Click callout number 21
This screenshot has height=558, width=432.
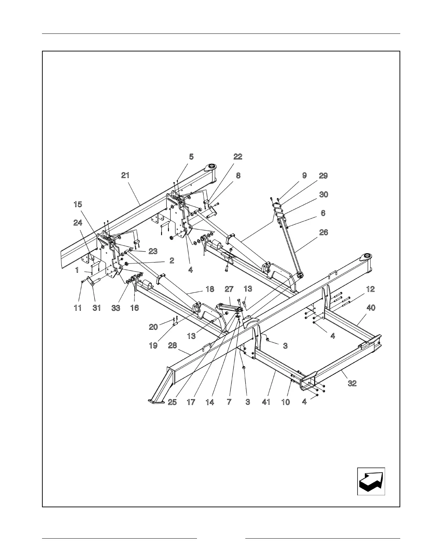click(125, 175)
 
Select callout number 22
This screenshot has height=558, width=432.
click(238, 156)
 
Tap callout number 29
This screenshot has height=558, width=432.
click(323, 176)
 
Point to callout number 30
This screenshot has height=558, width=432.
click(323, 194)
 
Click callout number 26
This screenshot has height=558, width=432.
click(323, 232)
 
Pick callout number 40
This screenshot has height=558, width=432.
click(371, 308)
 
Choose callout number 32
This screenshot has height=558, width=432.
click(352, 383)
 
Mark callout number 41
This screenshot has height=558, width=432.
click(266, 402)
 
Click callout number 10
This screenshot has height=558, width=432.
click(285, 402)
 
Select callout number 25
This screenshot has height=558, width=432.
click(172, 402)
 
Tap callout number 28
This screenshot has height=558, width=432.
click(172, 346)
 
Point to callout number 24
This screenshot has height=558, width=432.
click(78, 223)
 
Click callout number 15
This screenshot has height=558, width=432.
click(78, 204)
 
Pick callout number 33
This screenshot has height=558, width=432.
click(116, 308)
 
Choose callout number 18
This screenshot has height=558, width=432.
click(210, 289)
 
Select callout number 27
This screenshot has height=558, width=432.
click(229, 289)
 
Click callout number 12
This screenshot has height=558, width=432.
click(370, 289)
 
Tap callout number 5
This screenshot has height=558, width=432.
click(191, 157)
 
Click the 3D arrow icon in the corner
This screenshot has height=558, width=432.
click(371, 482)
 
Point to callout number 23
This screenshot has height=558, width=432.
click(153, 251)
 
